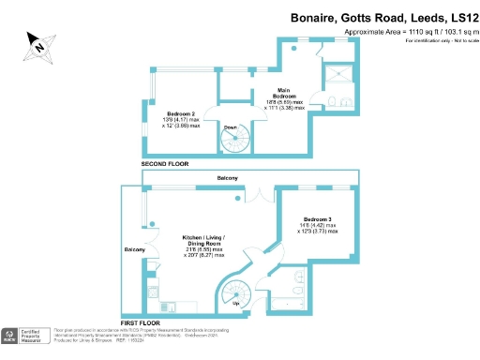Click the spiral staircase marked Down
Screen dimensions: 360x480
[232, 140]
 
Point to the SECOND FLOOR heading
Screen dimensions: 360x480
[165, 164]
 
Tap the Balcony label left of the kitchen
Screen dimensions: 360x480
[133, 249]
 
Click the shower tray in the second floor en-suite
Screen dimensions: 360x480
[336, 77]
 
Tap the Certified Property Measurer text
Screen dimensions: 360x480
[35, 337]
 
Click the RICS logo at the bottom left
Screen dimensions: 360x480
[11, 337]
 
